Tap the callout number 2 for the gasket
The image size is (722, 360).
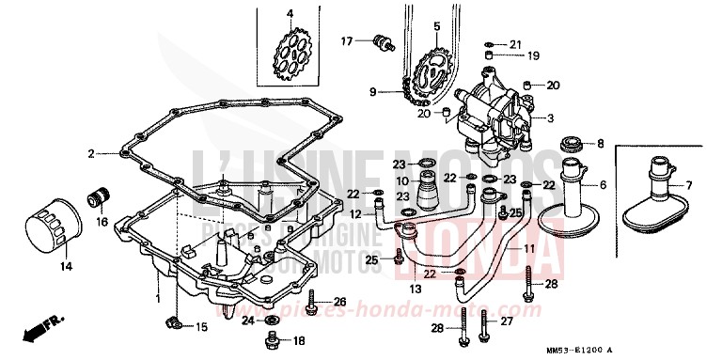pyautogui.click(x=91, y=152)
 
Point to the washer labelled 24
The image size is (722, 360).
pyautogui.click(x=271, y=321)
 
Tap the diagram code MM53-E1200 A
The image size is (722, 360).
pyautogui.click(x=664, y=351)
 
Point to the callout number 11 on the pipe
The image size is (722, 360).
pyautogui.click(x=528, y=247)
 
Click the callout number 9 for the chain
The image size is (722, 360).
pyautogui.click(x=373, y=92)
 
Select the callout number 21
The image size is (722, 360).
pyautogui.click(x=514, y=44)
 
